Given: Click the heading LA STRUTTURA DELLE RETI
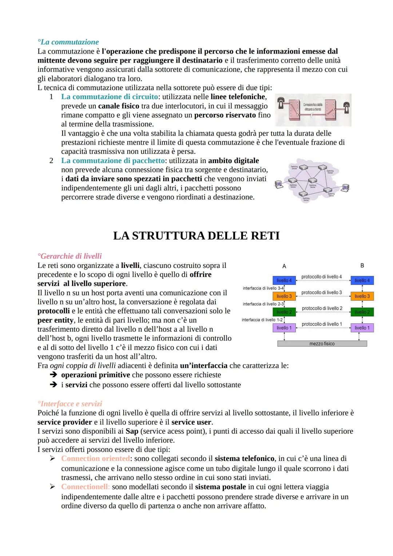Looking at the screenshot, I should click(x=196, y=236).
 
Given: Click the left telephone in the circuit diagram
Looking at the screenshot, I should click(x=281, y=106).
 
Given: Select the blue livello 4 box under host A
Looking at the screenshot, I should click(x=284, y=280).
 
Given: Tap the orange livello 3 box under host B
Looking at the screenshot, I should click(x=362, y=296).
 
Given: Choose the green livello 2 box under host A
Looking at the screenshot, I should click(x=284, y=312).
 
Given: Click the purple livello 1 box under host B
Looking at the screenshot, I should click(x=362, y=328).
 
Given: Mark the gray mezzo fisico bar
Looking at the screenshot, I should click(x=322, y=343).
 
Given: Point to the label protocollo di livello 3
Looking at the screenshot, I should click(x=321, y=292).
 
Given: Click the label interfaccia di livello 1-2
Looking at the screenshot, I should click(x=262, y=320).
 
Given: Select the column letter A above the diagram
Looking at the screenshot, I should click(x=284, y=266).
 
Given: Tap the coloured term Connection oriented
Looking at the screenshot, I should click(x=95, y=458).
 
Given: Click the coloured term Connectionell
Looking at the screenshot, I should click(x=85, y=487).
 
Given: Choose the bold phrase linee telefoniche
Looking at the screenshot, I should click(x=238, y=97).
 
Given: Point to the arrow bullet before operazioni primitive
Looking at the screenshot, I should click(x=53, y=375).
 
